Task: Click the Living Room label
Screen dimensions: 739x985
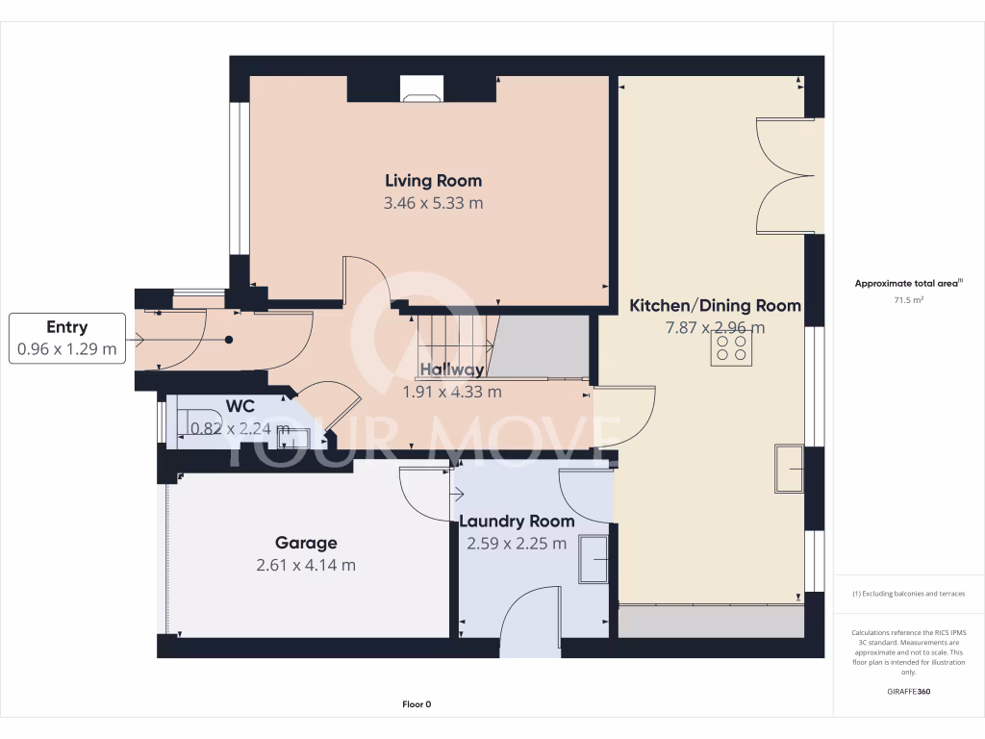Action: [x=433, y=180]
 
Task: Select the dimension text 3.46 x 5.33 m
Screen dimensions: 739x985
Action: [x=433, y=203]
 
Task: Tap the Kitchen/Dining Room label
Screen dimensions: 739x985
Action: [x=715, y=305]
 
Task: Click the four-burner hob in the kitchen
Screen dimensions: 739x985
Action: [x=730, y=347]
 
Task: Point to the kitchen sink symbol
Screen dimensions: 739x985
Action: [x=790, y=468]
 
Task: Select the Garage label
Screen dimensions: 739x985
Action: [x=306, y=543]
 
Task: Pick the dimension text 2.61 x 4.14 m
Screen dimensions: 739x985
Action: [x=306, y=565]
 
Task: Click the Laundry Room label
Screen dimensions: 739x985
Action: [x=517, y=521]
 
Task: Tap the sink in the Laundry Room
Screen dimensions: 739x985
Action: [x=594, y=558]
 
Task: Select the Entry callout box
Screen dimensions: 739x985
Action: [x=67, y=338]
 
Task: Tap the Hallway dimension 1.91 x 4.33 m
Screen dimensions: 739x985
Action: [x=451, y=392]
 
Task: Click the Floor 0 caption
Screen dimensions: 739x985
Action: [x=417, y=704]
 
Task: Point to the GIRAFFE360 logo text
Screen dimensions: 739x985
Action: [x=908, y=691]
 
